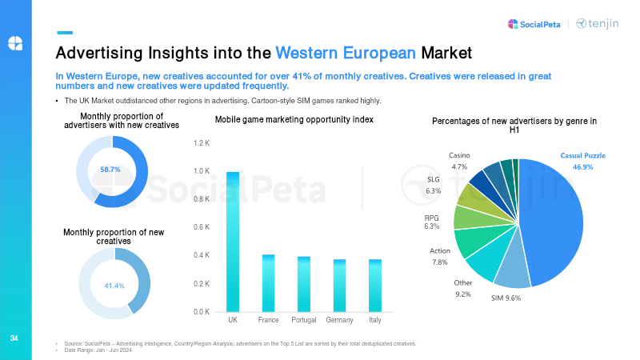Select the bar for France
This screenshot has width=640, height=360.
269,283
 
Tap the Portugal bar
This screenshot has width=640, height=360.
304,284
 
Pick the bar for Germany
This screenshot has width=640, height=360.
340,286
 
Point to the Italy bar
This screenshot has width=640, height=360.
375,286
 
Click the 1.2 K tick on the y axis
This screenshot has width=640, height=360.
201,143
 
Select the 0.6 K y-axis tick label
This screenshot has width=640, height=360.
201,227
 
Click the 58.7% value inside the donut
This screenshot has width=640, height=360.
110,170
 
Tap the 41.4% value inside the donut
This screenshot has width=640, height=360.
114,286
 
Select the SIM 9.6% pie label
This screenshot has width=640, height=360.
505,298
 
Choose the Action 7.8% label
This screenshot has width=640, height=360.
440,256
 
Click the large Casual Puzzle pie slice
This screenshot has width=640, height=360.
552,224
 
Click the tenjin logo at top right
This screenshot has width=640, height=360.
598,24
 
